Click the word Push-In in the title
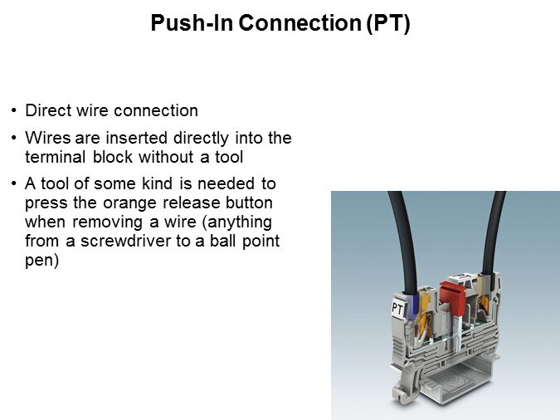(x=192, y=23)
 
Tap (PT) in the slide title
(x=388, y=23)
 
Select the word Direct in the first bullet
(x=48, y=110)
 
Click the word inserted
(x=139, y=138)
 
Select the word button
(x=249, y=203)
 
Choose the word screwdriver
(x=126, y=241)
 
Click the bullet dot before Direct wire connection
(x=14, y=110)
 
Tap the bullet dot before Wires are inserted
(x=14, y=138)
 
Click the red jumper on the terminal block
(x=452, y=296)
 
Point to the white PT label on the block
(x=397, y=308)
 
